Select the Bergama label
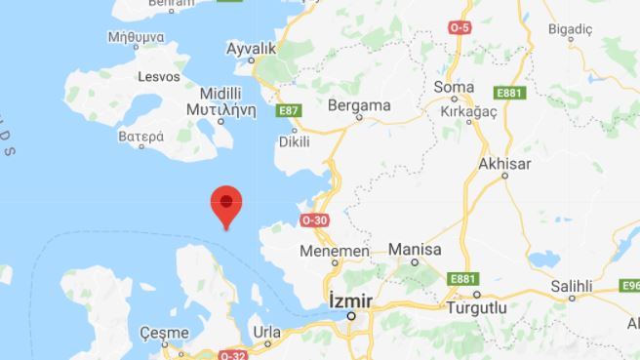pyautogui.click(x=360, y=104)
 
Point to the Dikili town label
pyautogui.click(x=294, y=142)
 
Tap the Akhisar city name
pyautogui.click(x=504, y=162)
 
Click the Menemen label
pyautogui.click(x=340, y=252)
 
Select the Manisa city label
pyautogui.click(x=415, y=250)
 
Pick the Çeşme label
pyautogui.click(x=164, y=333)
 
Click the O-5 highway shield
pyautogui.click(x=460, y=28)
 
